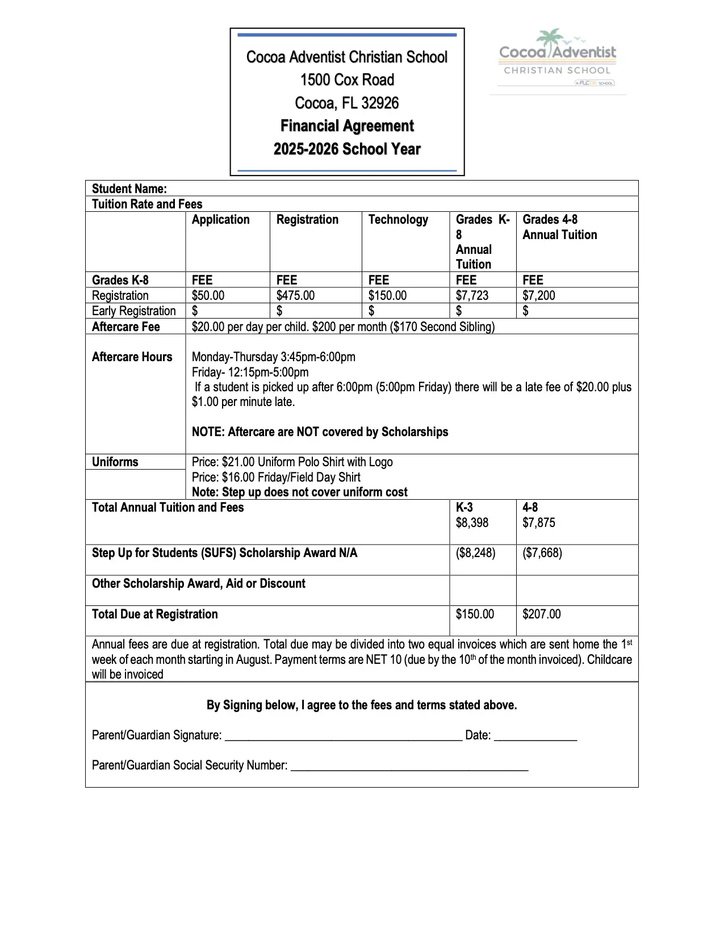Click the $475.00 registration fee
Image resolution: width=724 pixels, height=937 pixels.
[295, 296]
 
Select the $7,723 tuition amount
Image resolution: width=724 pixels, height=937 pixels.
[472, 296]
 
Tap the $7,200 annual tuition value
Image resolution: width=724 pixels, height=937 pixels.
[538, 296]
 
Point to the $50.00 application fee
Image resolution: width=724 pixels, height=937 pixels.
[208, 296]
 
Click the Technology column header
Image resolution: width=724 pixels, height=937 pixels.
[398, 220]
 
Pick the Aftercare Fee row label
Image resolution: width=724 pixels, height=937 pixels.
[126, 327]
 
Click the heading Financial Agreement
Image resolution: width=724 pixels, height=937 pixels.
[347, 126]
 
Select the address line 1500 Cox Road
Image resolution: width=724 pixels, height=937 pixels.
[347, 80]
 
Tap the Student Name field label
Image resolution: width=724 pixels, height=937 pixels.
[129, 189]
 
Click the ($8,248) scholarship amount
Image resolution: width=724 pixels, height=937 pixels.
[475, 553]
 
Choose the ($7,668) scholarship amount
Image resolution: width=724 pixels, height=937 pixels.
[542, 553]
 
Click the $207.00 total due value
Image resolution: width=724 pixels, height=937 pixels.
[541, 614]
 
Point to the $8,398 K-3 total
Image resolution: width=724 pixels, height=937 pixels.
[472, 523]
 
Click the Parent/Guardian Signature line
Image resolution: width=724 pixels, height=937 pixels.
[344, 737]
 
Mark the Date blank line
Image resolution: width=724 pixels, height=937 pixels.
[535, 737]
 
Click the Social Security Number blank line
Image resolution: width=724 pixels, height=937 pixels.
[409, 767]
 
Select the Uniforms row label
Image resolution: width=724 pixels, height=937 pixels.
[115, 462]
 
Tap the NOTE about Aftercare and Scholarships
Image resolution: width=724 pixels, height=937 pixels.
[320, 432]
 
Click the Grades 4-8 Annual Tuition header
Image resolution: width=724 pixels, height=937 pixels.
[559, 227]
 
